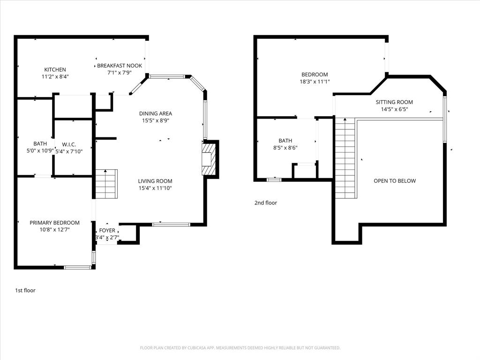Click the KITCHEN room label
coord(55,69)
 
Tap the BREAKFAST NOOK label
coord(120,66)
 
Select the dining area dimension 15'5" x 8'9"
coord(155,120)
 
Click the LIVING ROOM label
coord(155,181)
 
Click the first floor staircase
coord(106,185)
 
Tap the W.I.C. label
coord(69,144)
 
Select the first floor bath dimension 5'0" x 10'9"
coord(40,151)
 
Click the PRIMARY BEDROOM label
coord(54,223)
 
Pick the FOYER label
coord(107,231)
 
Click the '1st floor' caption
coord(25,291)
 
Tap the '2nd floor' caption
coord(266,203)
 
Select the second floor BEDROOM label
coord(315,75)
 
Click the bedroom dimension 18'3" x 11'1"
coord(315,82)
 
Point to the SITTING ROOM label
coord(394,102)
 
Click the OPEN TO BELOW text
coord(394,181)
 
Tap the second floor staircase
coord(345,158)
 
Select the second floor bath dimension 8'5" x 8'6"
coord(285,148)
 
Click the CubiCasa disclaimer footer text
coord(240,348)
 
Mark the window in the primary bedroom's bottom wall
coord(77,268)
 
